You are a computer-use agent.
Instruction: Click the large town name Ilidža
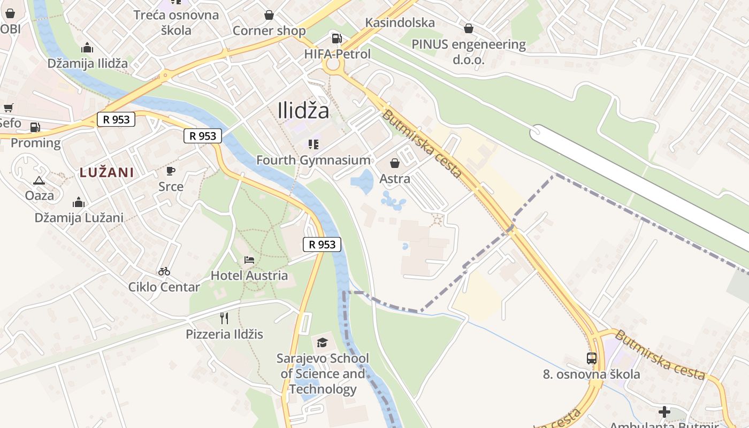(303, 111)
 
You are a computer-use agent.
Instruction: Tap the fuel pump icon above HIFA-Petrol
(337, 39)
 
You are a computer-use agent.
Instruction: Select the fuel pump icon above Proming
(35, 127)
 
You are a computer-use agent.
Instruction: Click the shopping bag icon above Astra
(395, 163)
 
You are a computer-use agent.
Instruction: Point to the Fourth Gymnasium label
(313, 160)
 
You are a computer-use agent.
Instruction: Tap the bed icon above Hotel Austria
(249, 260)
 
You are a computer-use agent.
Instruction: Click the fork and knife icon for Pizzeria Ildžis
(224, 318)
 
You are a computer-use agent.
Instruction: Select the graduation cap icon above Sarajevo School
(322, 342)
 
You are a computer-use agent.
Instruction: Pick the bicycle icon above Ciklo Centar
(164, 271)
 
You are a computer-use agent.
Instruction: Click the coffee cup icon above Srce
(171, 171)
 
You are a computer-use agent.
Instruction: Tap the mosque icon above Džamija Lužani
(79, 202)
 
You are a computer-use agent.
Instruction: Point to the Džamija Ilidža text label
(88, 63)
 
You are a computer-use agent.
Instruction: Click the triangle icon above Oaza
(39, 180)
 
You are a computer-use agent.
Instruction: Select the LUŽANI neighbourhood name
(106, 172)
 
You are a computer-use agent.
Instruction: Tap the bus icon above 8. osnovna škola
(592, 358)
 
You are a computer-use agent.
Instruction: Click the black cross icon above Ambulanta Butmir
(664, 412)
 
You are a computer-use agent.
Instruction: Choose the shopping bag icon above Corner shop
(269, 15)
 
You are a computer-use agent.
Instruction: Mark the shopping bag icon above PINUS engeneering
(469, 28)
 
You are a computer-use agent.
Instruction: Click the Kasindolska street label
(400, 22)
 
